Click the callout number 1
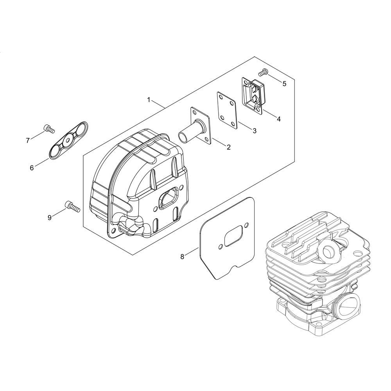pyautogui.click(x=149, y=100)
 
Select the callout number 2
pyautogui.click(x=229, y=147)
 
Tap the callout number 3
pyautogui.click(x=255, y=131)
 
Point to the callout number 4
pyautogui.click(x=279, y=119)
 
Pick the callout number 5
pyautogui.click(x=284, y=84)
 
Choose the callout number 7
pyautogui.click(x=28, y=141)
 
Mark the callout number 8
pyautogui.click(x=182, y=256)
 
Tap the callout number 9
pyautogui.click(x=50, y=218)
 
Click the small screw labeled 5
pyautogui.click(x=263, y=72)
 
